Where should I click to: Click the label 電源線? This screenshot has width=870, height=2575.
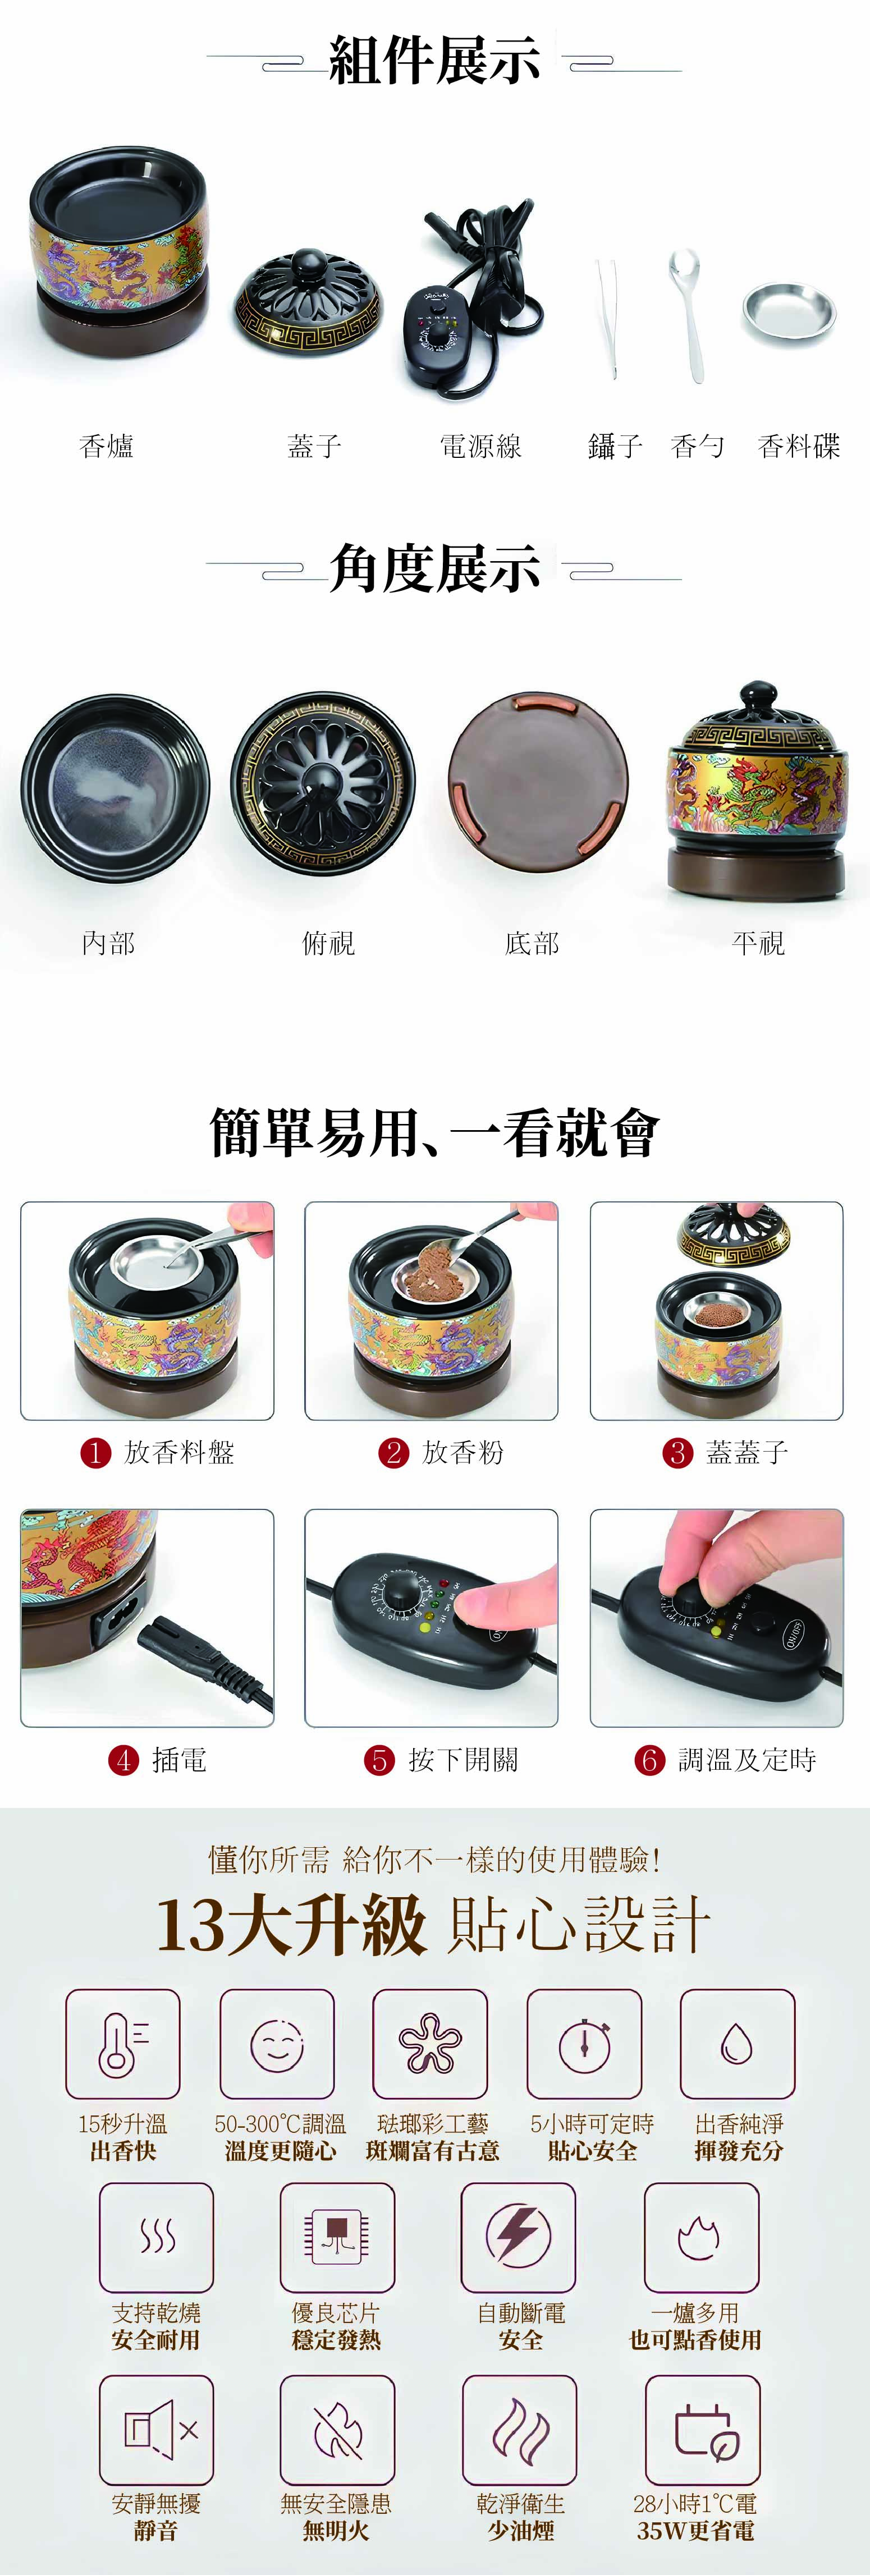[481, 446]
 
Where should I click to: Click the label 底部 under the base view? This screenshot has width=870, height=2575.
[532, 943]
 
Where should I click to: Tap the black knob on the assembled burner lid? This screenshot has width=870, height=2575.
[758, 697]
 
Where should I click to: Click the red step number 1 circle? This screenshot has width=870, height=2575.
[95, 1452]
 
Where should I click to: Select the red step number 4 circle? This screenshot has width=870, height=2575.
[123, 1760]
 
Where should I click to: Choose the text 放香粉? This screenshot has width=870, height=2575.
[463, 1452]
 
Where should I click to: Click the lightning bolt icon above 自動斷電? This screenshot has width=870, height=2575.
[518, 2236]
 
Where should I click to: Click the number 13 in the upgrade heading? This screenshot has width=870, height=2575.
[191, 1925]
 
